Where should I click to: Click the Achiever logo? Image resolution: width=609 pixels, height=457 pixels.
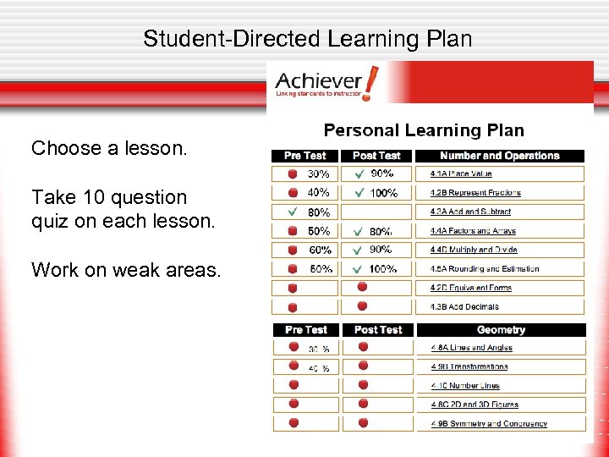tap(326, 85)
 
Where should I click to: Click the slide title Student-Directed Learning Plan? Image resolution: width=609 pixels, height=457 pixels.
tap(307, 39)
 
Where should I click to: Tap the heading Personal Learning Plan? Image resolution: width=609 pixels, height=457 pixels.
tap(424, 130)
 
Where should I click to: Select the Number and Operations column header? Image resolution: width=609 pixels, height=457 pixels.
tap(500, 156)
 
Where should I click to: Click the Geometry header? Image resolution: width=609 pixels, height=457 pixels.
tap(501, 330)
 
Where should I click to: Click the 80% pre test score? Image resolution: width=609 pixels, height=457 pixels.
tap(319, 212)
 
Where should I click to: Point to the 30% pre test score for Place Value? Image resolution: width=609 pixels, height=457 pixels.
tap(319, 174)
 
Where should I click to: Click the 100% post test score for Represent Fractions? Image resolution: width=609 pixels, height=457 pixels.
tap(383, 193)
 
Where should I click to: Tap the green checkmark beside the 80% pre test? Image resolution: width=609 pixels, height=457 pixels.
tap(293, 212)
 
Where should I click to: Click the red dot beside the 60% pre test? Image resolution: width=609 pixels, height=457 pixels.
tap(293, 250)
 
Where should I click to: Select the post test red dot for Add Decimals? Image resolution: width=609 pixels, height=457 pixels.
tap(363, 306)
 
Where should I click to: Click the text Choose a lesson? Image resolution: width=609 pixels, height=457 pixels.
tap(109, 149)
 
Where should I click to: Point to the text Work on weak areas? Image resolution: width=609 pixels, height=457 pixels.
tap(126, 270)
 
